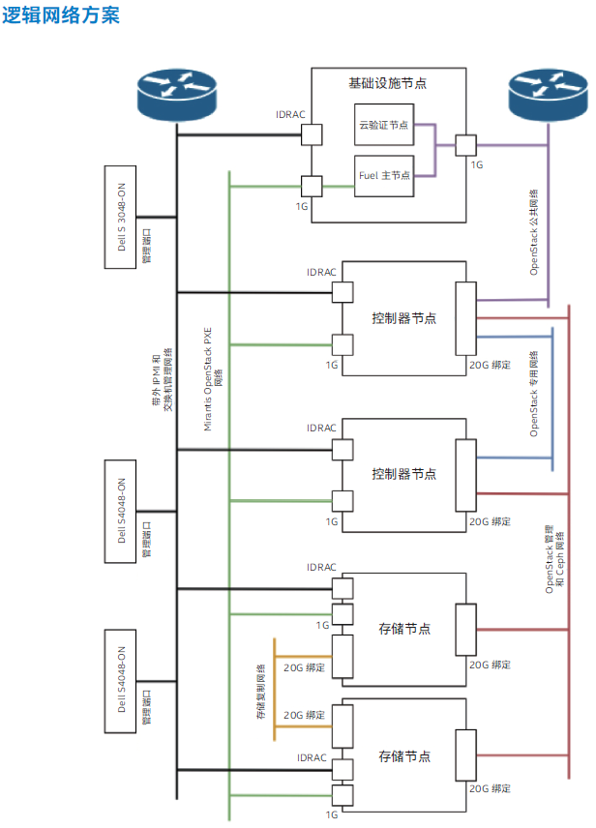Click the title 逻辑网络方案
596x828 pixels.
point(61,15)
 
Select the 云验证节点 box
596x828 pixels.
point(384,125)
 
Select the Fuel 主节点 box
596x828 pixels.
point(384,175)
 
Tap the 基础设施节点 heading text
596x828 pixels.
point(388,84)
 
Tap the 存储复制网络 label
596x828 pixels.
point(260,692)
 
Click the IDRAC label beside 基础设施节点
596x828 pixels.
point(290,115)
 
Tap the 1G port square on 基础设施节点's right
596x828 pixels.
point(466,144)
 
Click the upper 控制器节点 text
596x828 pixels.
point(403,317)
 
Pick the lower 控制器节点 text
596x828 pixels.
point(403,474)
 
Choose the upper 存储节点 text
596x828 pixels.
point(403,629)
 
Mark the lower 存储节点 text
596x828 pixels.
point(403,755)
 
